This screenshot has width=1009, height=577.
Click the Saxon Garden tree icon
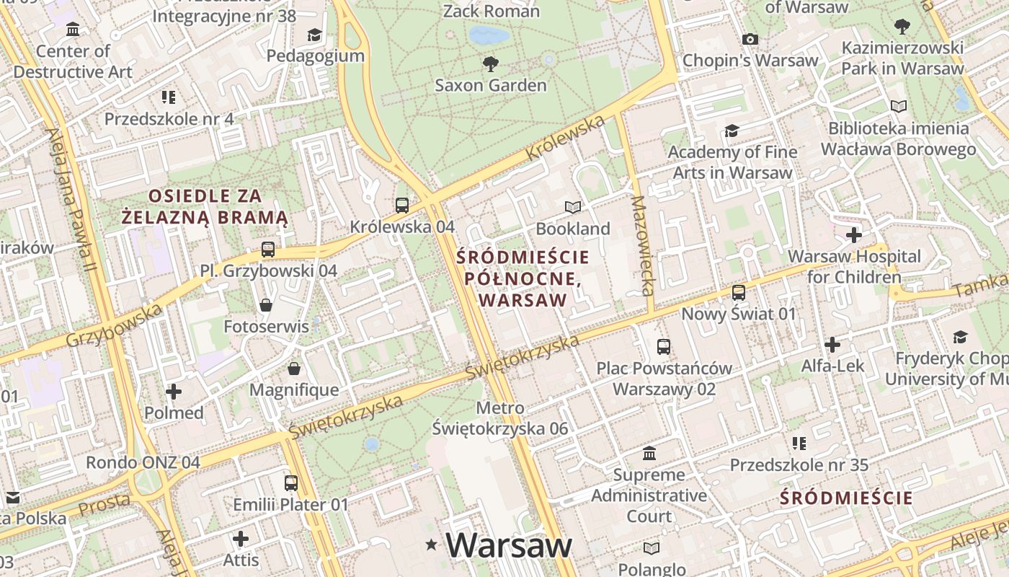pyautogui.click(x=491, y=64)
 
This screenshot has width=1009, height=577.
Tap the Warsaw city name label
pyautogui.click(x=509, y=545)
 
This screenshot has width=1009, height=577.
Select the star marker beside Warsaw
pyautogui.click(x=432, y=545)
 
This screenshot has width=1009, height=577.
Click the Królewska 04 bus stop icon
pyautogui.click(x=402, y=206)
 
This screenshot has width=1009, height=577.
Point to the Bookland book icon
pyautogui.click(x=573, y=208)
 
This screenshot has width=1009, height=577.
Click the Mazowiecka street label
pyautogui.click(x=643, y=245)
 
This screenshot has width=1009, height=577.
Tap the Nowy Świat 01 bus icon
pyautogui.click(x=739, y=292)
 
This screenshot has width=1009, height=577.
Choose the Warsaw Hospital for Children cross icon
pyautogui.click(x=854, y=235)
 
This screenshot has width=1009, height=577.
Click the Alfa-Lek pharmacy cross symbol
pyautogui.click(x=832, y=345)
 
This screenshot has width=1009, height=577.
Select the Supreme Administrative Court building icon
pyautogui.click(x=649, y=454)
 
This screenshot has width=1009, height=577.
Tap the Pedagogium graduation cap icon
pyautogui.click(x=314, y=35)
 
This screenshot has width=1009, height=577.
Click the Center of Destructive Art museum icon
pyautogui.click(x=73, y=30)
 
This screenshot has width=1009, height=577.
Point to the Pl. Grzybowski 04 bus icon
pyautogui.click(x=268, y=250)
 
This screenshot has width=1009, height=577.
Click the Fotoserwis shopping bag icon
pyautogui.click(x=266, y=305)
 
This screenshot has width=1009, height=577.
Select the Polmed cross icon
pyautogui.click(x=174, y=392)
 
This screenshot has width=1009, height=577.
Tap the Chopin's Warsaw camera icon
pyautogui.click(x=750, y=39)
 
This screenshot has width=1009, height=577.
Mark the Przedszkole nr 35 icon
pyautogui.click(x=799, y=443)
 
